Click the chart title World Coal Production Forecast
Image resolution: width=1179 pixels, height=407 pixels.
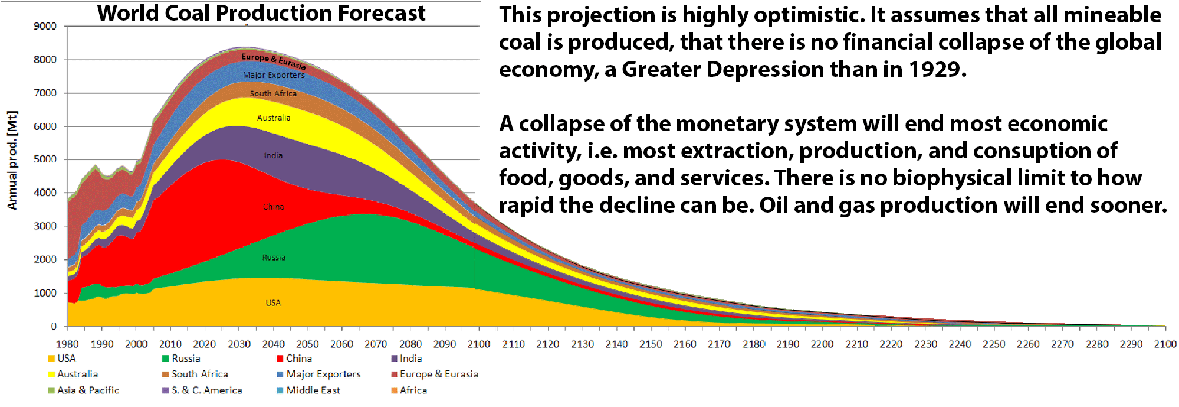pos(261,13)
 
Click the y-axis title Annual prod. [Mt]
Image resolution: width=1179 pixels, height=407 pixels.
pos(12,160)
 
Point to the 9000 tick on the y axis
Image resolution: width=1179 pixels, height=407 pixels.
pos(45,26)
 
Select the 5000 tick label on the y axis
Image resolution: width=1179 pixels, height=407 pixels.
pos(45,159)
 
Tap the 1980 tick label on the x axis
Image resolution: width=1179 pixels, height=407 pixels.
pos(67,344)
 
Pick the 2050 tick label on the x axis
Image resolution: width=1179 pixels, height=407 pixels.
pos(307,344)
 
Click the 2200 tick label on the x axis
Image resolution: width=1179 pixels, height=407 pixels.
pos(822,344)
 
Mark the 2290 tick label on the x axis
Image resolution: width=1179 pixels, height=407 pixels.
pos(1131,344)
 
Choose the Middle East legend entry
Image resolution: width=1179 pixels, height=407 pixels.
pos(313,390)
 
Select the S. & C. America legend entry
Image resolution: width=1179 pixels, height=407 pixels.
pos(206,390)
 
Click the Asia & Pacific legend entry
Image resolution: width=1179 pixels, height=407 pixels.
pos(88,390)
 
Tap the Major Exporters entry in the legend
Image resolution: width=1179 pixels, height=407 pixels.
pos(323,375)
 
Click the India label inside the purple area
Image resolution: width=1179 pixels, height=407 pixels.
pos(273,155)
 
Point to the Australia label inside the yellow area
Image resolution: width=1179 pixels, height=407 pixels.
pos(274,118)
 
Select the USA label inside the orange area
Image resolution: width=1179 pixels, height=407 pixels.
pos(273,303)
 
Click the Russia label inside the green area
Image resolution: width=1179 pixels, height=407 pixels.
pos(274,258)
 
